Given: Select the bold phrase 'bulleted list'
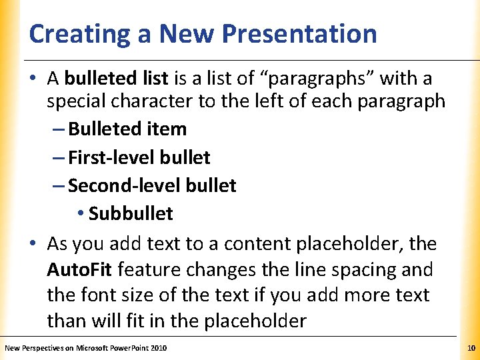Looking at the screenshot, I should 117,79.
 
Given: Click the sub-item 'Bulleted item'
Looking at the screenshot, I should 127,129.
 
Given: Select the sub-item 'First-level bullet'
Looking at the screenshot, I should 139,157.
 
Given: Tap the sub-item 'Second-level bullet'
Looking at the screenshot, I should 152,185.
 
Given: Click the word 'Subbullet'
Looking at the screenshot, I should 131,213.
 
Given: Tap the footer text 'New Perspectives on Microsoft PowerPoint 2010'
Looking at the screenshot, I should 85,348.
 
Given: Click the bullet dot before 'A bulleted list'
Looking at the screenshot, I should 33,79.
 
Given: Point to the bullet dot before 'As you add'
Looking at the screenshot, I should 33,245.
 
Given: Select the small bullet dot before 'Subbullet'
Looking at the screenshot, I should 79,214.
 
